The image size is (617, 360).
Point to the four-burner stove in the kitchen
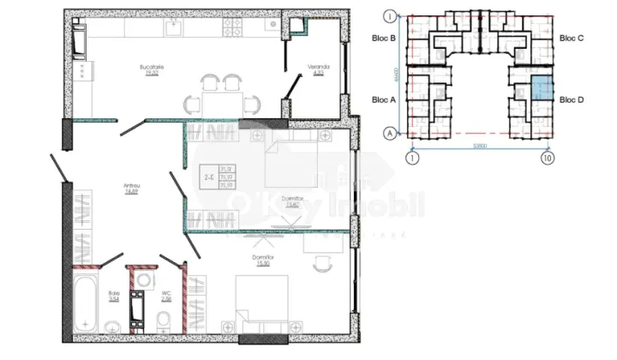pos(234,27)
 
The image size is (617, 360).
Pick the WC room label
pos(166,294)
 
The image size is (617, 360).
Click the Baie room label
pos(114,294)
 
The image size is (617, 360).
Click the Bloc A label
pos(384,99)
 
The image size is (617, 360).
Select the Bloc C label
pos(572,39)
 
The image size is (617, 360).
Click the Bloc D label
pos(572,99)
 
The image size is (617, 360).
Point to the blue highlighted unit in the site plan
pos(541,87)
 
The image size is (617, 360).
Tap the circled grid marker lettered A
pos(389,133)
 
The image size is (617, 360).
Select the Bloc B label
pos(384,39)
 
